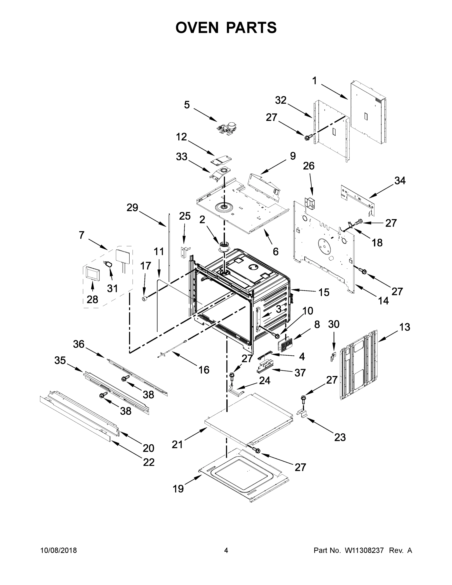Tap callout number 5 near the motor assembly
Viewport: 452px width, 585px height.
(187, 105)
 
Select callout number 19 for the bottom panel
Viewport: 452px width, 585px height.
(178, 489)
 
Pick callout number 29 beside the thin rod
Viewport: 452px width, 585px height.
(132, 207)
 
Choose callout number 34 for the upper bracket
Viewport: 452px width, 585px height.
(400, 181)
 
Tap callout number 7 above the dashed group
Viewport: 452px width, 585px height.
(82, 235)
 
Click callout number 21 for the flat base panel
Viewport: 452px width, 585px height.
(177, 445)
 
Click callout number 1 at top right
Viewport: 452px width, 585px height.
(314, 81)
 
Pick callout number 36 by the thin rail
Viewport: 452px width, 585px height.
(79, 344)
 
